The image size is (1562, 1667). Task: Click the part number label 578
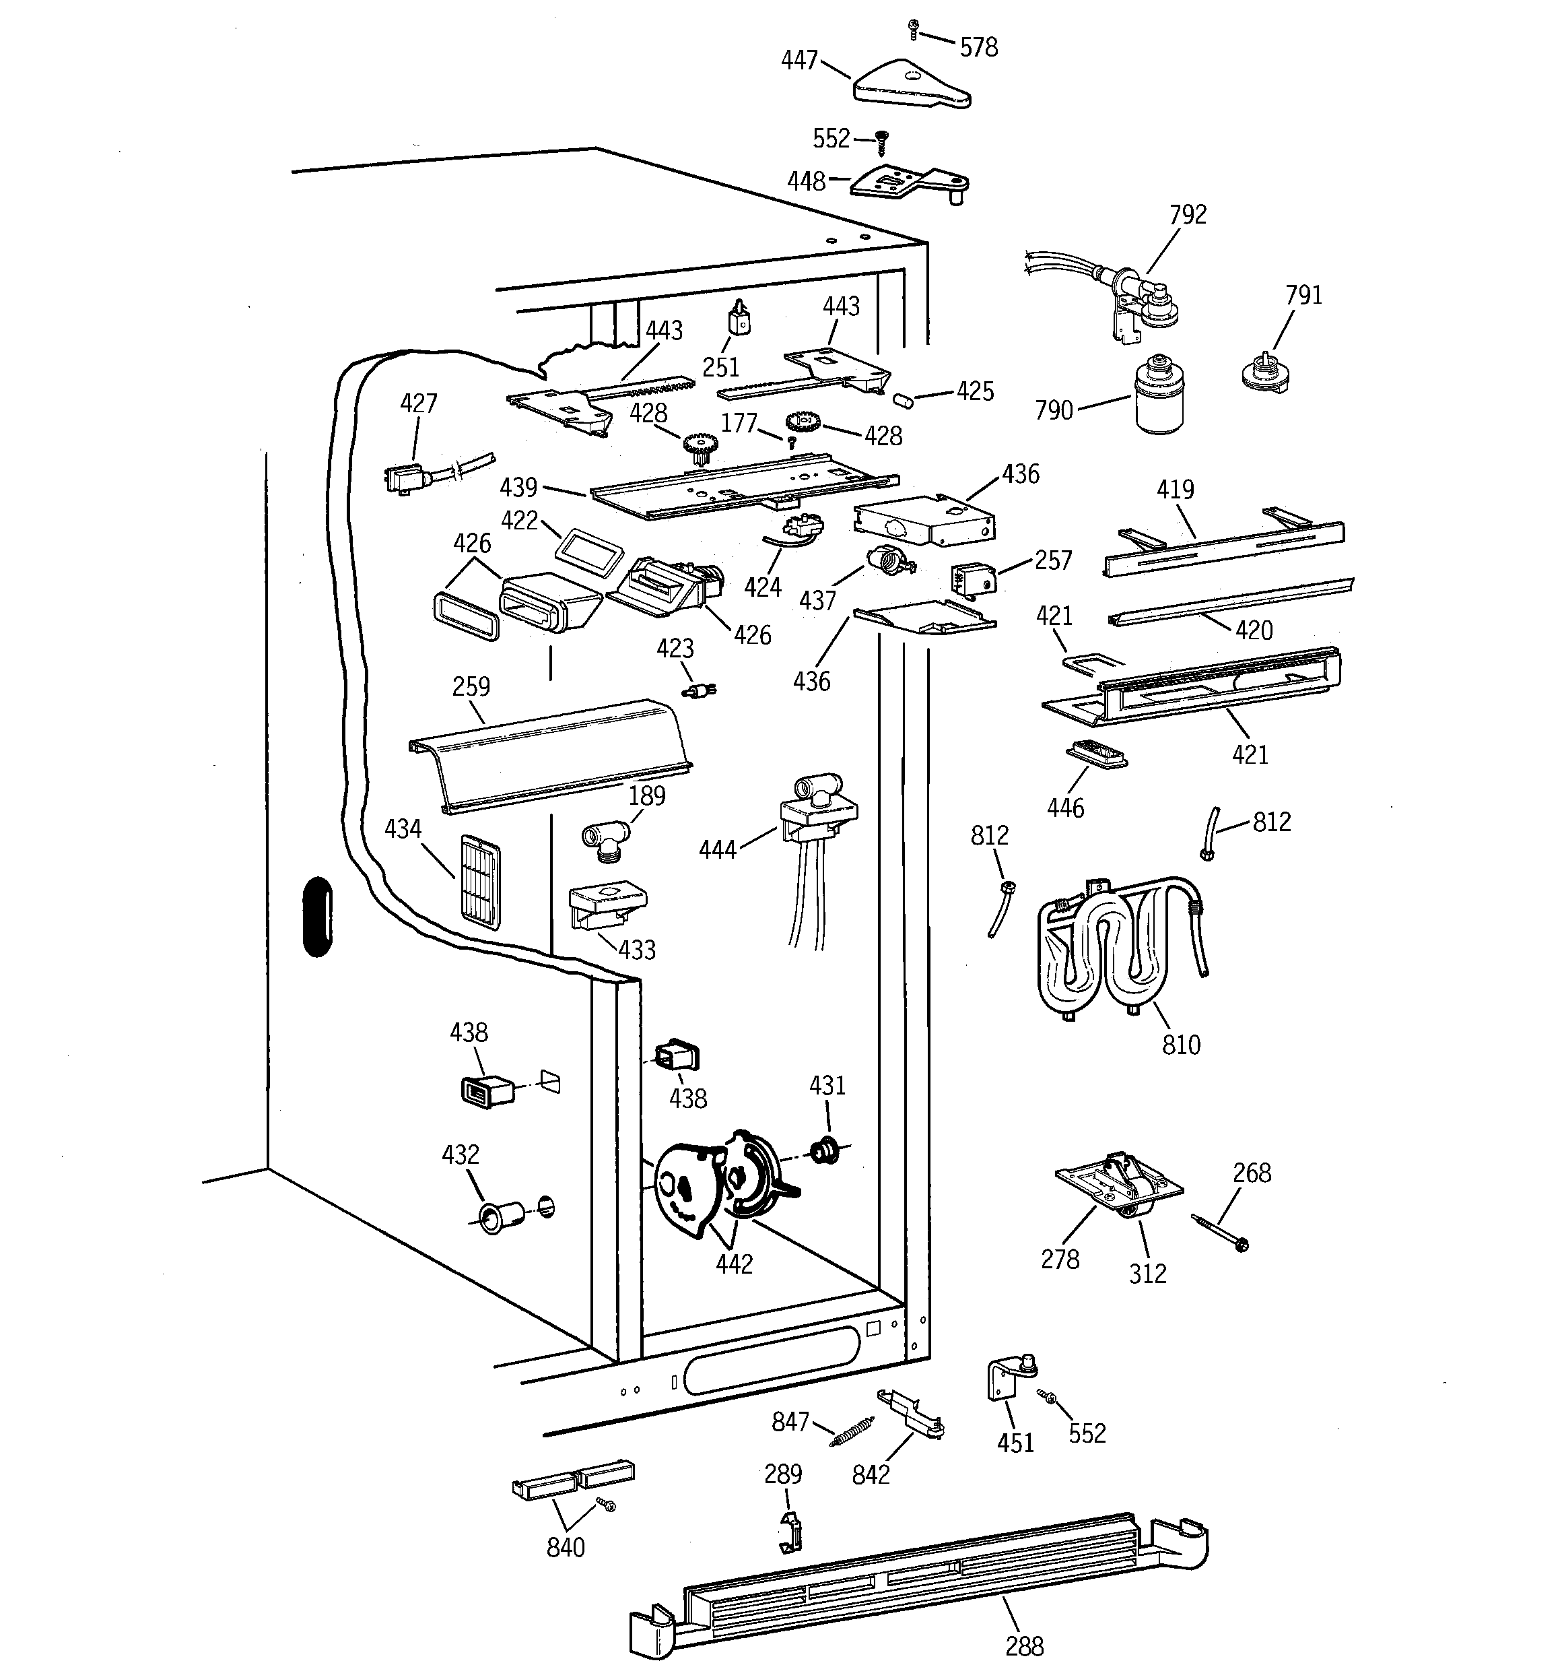coord(978,48)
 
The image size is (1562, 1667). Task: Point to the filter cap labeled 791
coord(1266,373)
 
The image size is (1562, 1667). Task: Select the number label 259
coord(471,687)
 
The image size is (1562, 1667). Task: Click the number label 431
coord(827,1086)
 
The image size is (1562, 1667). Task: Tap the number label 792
coord(1187,215)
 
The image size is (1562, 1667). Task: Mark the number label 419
coord(1175,490)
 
